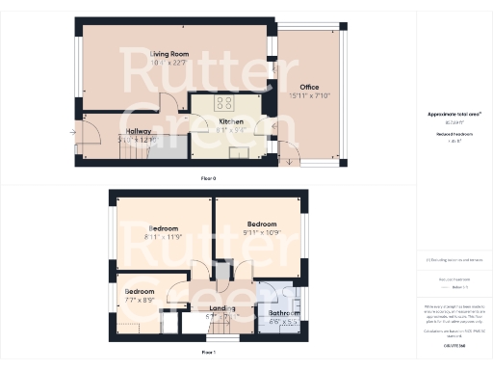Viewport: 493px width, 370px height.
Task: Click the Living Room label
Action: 168,55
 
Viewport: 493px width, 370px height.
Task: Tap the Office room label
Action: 309,87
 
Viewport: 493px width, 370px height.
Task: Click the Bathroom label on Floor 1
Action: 284,314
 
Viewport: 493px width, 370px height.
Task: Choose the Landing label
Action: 222,308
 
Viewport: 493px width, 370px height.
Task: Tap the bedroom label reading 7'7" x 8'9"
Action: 140,291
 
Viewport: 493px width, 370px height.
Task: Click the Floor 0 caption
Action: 207,179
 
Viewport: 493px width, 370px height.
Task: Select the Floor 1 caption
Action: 207,354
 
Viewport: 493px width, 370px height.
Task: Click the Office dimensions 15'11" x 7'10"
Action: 309,95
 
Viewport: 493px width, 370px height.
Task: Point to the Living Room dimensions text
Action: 168,64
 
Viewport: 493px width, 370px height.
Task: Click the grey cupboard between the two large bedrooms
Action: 223,274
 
